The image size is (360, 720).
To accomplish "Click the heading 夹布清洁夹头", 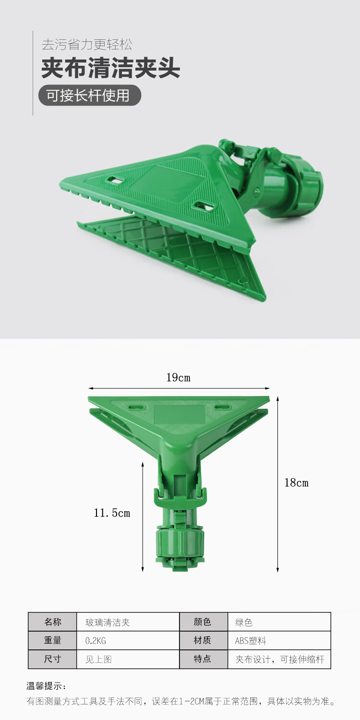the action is pos(110,68).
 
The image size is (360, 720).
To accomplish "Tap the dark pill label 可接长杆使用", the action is pos(90,96).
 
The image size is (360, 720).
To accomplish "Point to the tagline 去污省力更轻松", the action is pos(87,44).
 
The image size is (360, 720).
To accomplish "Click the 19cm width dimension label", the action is pos(179,377).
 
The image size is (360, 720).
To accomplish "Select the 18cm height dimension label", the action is pos(296,483).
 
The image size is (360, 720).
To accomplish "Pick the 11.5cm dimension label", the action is pos(112,513).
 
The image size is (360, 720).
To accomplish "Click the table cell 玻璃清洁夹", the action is pos(128,622).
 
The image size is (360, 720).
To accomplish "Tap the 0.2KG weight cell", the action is pos(128,640).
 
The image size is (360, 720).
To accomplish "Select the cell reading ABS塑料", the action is pos(279,640).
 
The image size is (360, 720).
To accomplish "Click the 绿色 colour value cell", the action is pos(279,622).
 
